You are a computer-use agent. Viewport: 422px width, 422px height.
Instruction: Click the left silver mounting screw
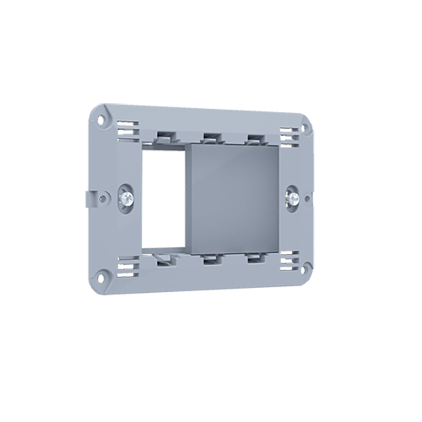pyautogui.click(x=127, y=197)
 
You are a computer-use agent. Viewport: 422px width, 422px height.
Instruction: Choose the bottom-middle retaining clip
pyautogui.click(x=212, y=259)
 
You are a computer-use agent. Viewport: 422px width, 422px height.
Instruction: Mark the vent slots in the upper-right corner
pyautogui.click(x=289, y=134)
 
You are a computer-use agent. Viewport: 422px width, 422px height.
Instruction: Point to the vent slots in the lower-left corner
pyautogui.click(x=128, y=263)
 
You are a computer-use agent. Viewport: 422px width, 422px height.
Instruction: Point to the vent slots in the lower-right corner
pyautogui.click(x=289, y=260)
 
